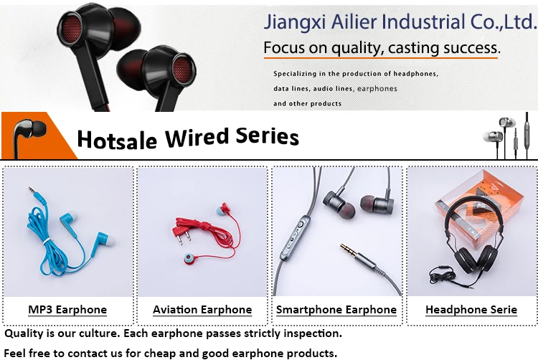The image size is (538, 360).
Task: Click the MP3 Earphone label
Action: [x=67, y=310]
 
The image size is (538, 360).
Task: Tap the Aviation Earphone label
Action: [x=202, y=310]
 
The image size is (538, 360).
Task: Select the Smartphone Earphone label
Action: [x=336, y=310]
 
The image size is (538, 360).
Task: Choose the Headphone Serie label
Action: [x=471, y=310]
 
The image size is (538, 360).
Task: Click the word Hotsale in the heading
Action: [x=117, y=140]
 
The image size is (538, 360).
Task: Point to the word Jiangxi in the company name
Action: [x=294, y=22]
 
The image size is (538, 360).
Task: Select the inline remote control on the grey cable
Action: [x=295, y=237]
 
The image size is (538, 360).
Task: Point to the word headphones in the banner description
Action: [x=415, y=74]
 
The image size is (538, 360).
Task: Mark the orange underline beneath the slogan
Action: [x=380, y=58]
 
